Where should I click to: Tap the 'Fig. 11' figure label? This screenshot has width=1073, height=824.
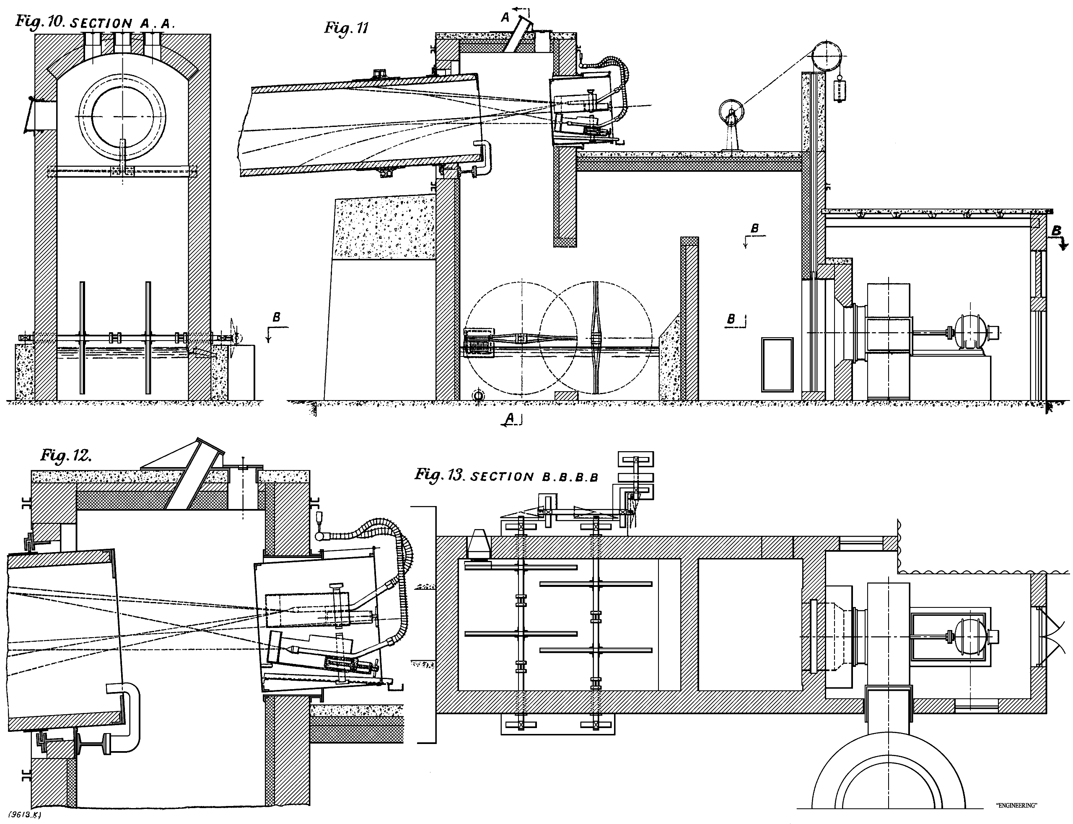[346, 28]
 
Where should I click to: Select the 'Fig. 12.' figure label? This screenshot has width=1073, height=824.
[66, 456]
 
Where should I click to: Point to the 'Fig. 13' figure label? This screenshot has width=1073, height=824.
[439, 475]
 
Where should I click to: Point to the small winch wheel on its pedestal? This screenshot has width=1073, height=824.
[731, 114]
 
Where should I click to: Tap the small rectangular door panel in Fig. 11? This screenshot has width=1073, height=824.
[777, 364]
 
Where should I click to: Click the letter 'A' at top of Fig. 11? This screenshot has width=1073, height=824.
[505, 18]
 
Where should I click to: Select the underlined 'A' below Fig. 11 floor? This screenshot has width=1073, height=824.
[510, 418]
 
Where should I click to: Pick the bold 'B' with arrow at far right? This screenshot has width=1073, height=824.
[1057, 232]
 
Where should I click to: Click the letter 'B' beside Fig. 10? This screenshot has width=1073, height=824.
[276, 318]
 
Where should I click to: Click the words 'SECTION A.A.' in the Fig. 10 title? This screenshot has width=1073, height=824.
[123, 23]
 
